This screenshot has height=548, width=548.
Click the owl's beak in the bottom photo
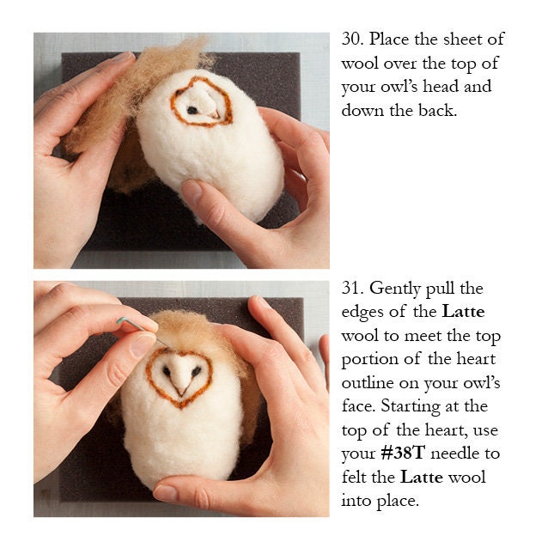point(181,386)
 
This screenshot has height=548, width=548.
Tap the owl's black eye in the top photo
point(192,110)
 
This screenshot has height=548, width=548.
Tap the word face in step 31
point(360,406)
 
